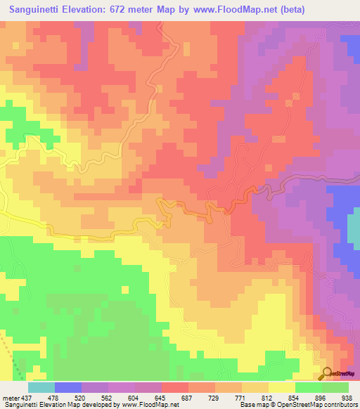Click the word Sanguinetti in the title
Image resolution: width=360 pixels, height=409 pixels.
[x=42, y=9]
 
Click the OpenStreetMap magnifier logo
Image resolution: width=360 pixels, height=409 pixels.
[x=328, y=372]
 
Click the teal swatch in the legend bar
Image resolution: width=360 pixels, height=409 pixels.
[x=41, y=388]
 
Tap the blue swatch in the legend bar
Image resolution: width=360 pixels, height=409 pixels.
[x=68, y=388]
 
